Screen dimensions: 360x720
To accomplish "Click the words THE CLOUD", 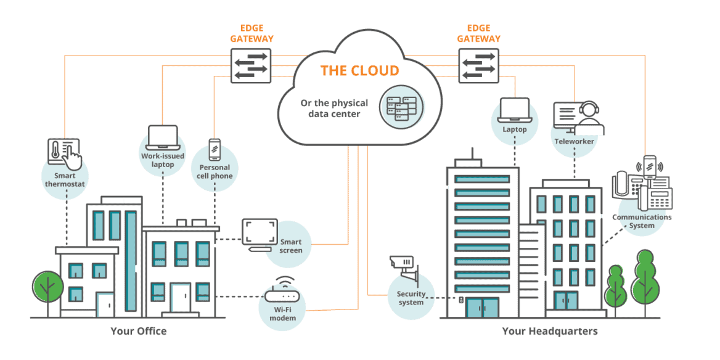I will tap(359, 70).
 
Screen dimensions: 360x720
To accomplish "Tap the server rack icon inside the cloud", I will tap(401, 107).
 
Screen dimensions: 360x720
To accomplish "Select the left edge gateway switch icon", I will tap(250, 65).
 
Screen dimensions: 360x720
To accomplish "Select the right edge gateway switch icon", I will tap(478, 65).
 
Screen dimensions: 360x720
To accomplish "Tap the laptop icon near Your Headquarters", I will tap(515, 110).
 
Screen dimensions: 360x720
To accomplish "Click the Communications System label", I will tap(642, 221).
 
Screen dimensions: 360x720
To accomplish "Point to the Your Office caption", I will tap(139, 331).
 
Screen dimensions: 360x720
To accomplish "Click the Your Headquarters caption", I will tap(550, 331).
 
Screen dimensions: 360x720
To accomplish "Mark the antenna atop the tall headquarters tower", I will tap(472, 153).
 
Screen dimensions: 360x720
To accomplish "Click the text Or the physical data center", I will tap(334, 108).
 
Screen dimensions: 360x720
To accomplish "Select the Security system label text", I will tap(411, 298).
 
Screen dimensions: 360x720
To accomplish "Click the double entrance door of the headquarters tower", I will tap(481, 307).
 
